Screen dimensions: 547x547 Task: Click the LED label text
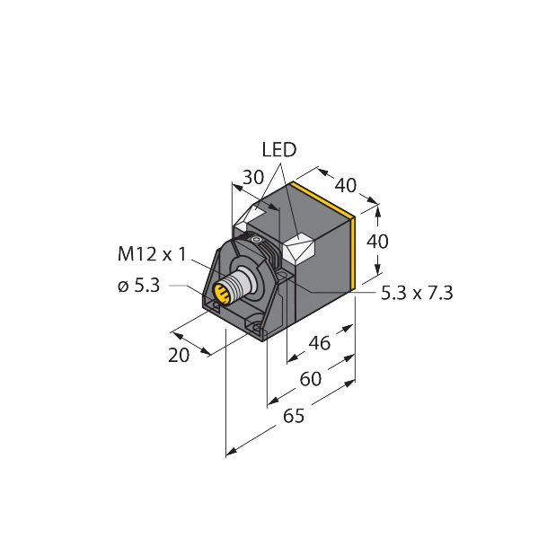(278, 149)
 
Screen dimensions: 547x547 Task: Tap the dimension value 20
(180, 355)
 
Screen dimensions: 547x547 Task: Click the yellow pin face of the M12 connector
(220, 294)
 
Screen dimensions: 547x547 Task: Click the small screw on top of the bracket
(255, 241)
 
